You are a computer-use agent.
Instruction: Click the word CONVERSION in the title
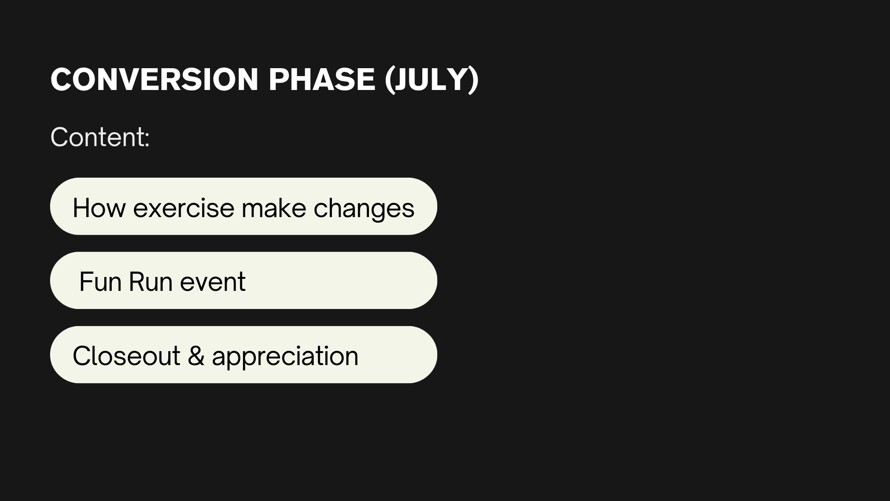154,79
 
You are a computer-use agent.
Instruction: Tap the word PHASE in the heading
322,79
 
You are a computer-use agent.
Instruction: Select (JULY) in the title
432,80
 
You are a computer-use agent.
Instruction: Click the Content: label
100,137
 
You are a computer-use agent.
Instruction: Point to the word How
99,207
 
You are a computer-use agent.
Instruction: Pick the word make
274,207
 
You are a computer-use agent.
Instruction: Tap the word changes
364,209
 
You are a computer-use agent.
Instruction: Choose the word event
213,283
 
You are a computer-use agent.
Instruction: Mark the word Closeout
127,356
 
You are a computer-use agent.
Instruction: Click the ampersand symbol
196,356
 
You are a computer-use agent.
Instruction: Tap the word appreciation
285,357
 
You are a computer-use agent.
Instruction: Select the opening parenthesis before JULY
390,80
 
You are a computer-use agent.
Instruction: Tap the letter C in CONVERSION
61,79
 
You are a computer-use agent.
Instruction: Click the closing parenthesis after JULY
473,80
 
